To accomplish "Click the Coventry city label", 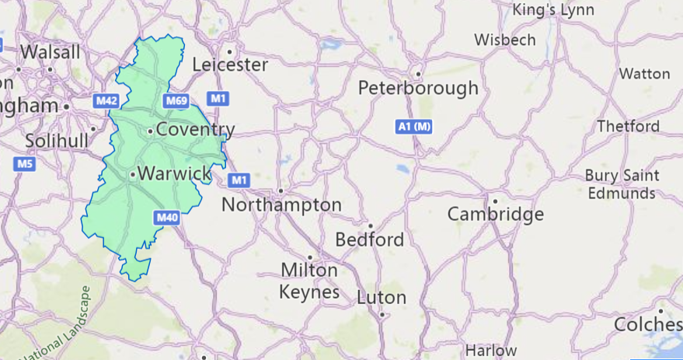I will click(195, 130).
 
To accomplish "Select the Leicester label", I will click(230, 65).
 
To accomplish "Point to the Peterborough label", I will click(418, 89).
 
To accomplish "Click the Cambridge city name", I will click(495, 215).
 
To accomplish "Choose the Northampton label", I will click(281, 205).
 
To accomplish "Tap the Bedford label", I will click(370, 239).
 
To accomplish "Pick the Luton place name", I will click(382, 298).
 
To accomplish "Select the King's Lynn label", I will click(552, 10).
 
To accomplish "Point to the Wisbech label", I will click(504, 39).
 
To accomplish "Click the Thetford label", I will click(628, 126).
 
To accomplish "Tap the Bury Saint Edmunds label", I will click(621, 184).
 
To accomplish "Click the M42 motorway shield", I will click(106, 101).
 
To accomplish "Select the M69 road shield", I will click(175, 101).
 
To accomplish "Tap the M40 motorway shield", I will click(167, 218).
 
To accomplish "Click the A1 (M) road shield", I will click(413, 126).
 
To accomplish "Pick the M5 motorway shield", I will click(24, 164).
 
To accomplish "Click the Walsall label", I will click(51, 52).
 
